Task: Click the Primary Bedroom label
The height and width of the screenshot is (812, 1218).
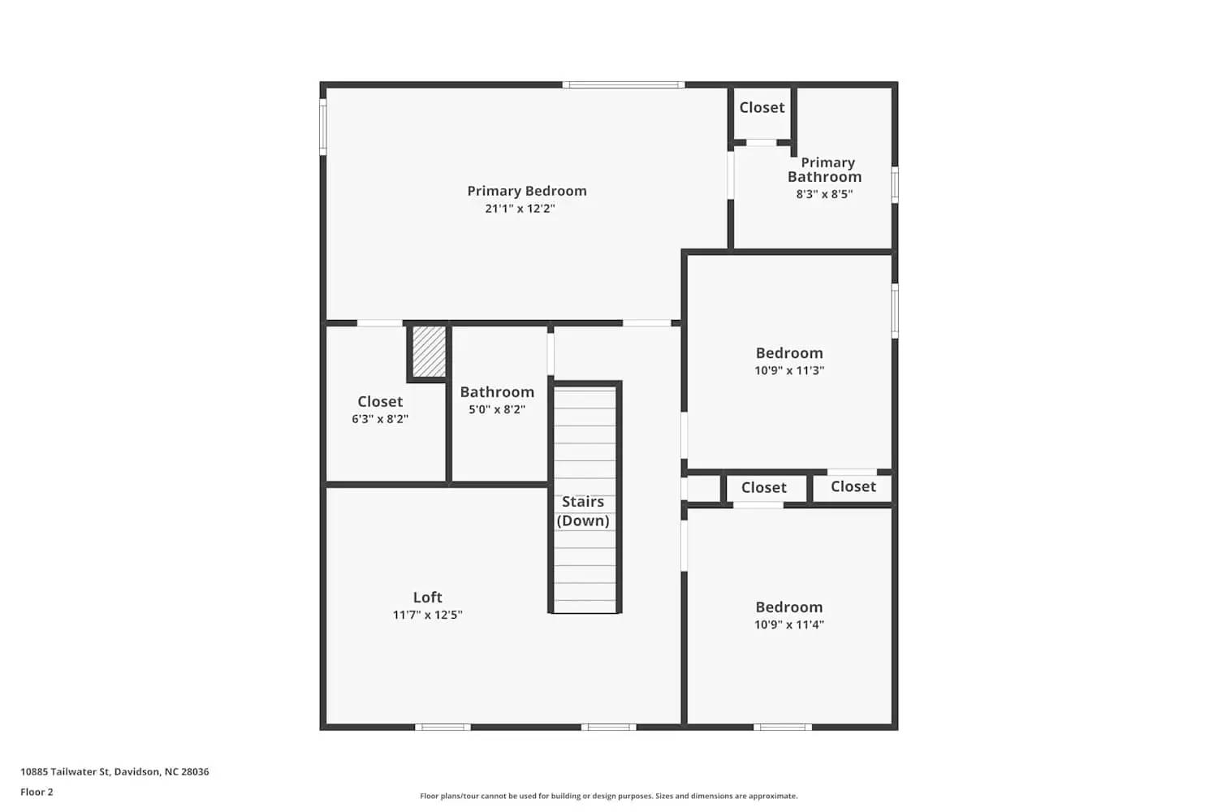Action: (526, 191)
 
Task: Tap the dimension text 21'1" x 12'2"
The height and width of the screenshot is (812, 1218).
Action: (520, 209)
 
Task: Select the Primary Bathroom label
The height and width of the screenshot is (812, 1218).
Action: (825, 170)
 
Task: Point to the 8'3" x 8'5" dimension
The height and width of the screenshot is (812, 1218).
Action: (824, 194)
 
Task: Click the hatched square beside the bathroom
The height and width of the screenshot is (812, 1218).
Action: (429, 352)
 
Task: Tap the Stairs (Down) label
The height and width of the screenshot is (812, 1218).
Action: (583, 511)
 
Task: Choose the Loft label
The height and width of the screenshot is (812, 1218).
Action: (427, 597)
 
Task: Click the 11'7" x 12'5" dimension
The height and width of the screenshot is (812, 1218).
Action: (427, 615)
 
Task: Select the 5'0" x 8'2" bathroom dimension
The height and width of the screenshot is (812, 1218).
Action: (497, 409)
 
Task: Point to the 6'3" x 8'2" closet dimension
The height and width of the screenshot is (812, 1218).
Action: (380, 419)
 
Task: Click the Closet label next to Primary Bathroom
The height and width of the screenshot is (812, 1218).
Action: (762, 107)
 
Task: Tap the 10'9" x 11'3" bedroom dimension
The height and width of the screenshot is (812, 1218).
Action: (789, 370)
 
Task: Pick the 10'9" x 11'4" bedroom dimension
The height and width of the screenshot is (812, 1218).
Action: (789, 624)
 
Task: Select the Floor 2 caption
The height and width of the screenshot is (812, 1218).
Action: (37, 792)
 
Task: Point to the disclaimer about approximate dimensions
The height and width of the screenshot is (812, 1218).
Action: (608, 796)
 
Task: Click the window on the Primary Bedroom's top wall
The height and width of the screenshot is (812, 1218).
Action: (624, 84)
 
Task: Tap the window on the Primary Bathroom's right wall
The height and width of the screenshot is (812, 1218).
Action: (895, 184)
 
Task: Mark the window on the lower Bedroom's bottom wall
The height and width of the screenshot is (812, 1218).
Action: (782, 727)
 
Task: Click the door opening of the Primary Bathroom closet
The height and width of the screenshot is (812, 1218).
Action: (762, 143)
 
